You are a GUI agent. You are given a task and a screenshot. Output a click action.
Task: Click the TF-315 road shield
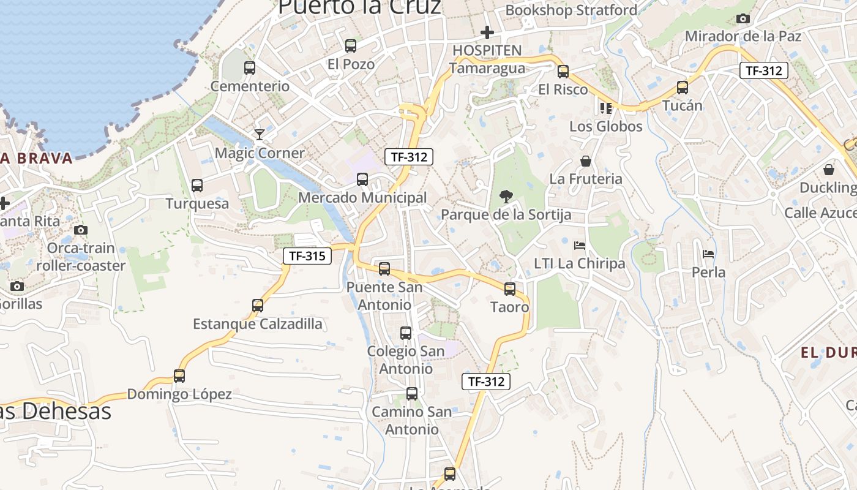(x=307, y=256)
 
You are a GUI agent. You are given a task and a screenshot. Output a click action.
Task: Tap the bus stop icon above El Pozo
(x=351, y=46)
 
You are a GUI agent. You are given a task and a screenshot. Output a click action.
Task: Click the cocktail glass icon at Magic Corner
(x=260, y=134)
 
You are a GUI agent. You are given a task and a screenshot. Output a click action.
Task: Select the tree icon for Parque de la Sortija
(x=506, y=197)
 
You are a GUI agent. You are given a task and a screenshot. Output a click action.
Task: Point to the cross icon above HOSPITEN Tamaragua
(x=487, y=32)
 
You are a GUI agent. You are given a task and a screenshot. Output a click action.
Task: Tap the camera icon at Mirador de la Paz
(x=743, y=18)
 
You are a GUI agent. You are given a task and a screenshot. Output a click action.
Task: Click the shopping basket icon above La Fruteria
(x=586, y=161)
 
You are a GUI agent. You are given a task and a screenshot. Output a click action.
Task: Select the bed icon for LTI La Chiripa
(x=580, y=246)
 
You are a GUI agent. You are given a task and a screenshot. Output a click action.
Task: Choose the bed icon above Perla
(x=708, y=254)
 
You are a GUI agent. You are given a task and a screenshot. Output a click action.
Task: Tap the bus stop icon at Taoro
(x=510, y=289)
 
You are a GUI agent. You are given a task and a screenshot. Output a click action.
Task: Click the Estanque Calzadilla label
(x=258, y=324)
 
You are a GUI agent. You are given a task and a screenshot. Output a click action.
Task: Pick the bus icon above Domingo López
(x=179, y=376)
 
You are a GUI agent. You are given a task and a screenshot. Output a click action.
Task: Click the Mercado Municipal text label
(x=362, y=198)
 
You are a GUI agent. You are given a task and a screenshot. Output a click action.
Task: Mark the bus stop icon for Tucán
(x=683, y=88)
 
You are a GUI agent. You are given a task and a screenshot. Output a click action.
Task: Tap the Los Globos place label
(x=606, y=127)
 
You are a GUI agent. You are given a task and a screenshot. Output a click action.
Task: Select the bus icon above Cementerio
(x=250, y=68)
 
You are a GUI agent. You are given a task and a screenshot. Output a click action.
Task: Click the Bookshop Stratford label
(x=571, y=10)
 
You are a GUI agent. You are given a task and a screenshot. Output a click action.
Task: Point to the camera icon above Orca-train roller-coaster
(x=81, y=230)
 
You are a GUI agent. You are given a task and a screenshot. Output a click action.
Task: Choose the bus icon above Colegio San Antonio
(x=406, y=333)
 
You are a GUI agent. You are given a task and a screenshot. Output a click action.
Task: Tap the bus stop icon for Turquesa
(x=197, y=186)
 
